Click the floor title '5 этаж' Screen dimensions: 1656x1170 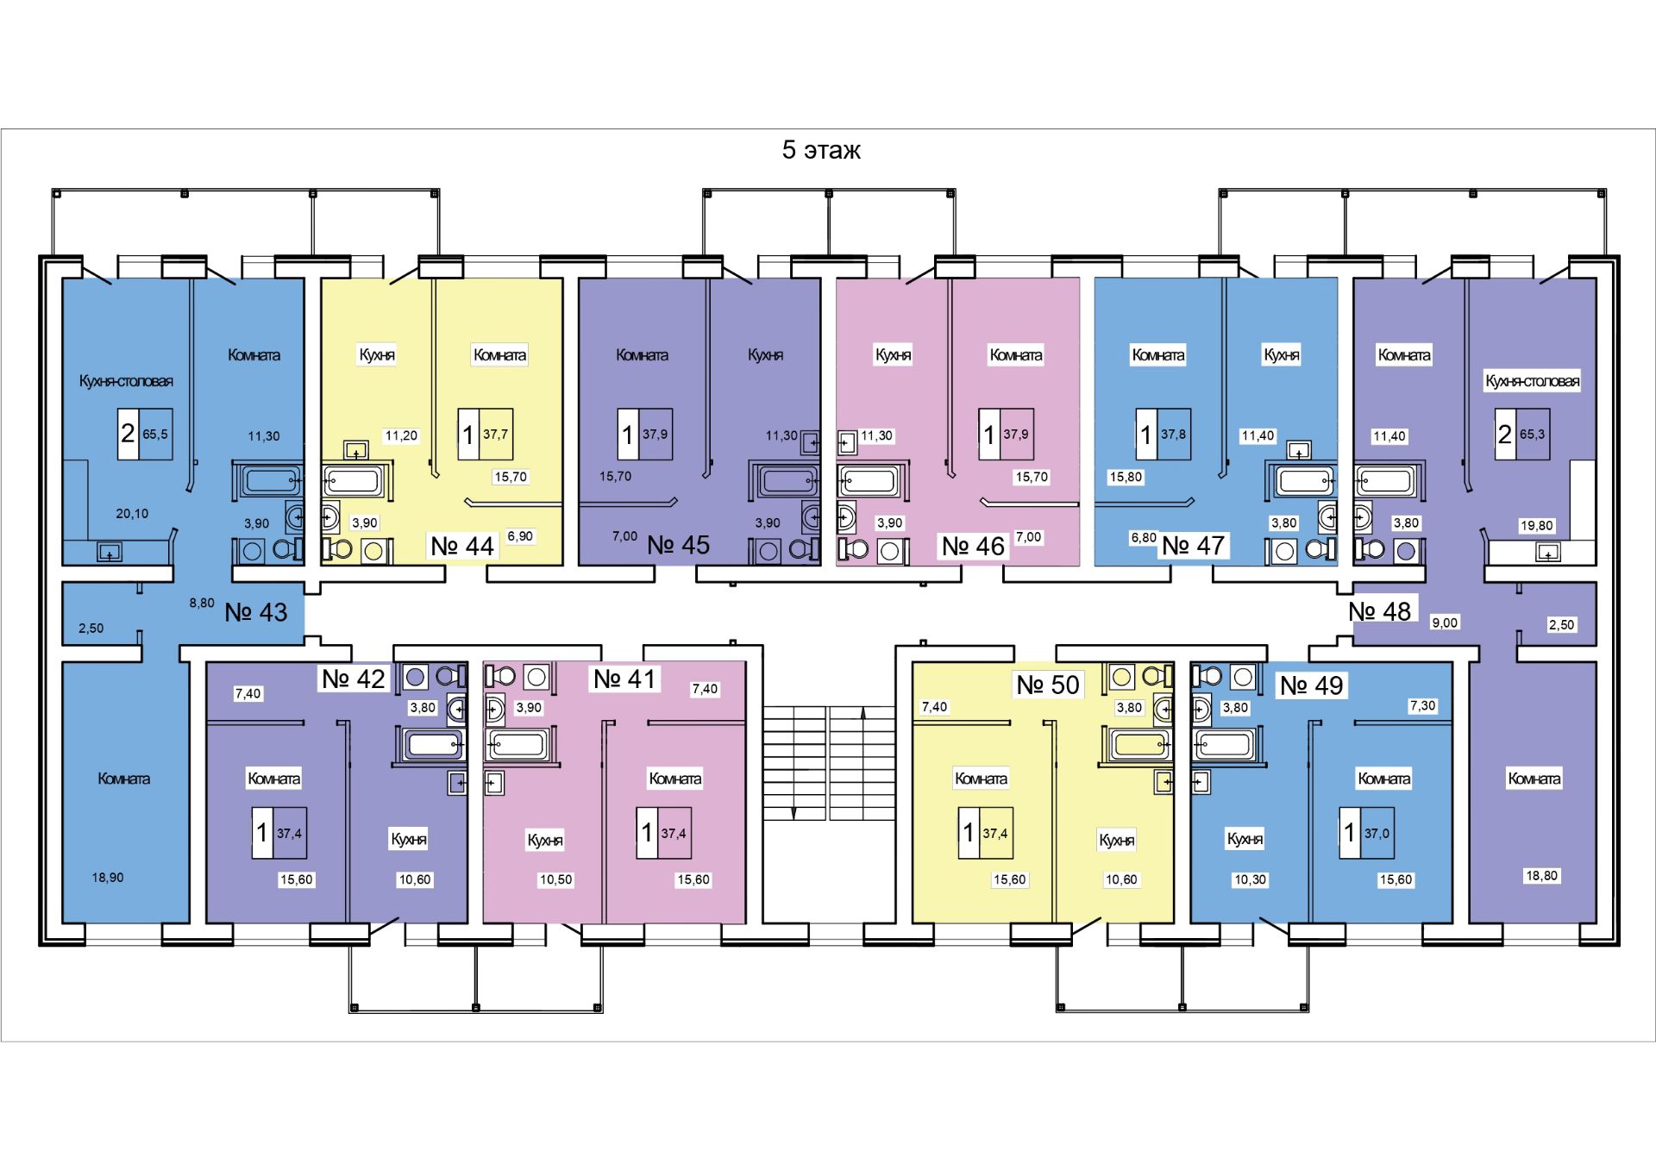821,150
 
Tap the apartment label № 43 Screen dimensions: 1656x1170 256,612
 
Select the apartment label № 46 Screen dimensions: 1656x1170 973,546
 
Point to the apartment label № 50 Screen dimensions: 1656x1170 1048,685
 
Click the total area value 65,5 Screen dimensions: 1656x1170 155,435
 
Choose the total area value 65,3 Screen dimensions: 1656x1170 1532,435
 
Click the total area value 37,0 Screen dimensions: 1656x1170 1377,834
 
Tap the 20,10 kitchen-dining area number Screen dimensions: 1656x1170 132,513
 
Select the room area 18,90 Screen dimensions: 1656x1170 108,878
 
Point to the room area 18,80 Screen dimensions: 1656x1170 1541,876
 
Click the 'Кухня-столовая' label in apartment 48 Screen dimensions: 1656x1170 1533,381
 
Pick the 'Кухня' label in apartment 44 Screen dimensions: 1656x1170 377,354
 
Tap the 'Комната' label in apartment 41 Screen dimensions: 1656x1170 674,779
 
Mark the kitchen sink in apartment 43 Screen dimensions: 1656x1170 110,551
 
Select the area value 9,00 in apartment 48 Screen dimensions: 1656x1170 1445,623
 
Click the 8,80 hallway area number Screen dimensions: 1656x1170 202,604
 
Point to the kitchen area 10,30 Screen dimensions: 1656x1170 1250,879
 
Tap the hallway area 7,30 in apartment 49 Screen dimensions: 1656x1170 1422,705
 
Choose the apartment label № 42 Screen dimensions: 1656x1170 354,679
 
